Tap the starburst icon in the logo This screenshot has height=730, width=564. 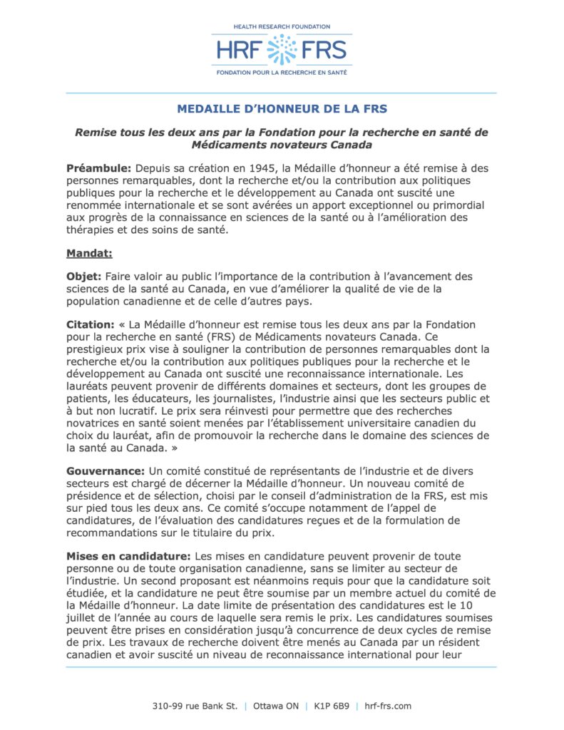pyautogui.click(x=282, y=50)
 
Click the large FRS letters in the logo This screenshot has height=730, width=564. pyautogui.click(x=325, y=51)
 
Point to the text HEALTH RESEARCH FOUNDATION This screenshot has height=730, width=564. pyautogui.click(x=282, y=26)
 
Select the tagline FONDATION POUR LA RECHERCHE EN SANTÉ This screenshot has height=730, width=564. pyautogui.click(x=282, y=73)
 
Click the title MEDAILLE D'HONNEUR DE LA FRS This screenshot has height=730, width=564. pyautogui.click(x=282, y=109)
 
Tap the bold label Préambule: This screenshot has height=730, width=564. pyautogui.click(x=98, y=168)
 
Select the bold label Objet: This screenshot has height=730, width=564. pyautogui.click(x=84, y=276)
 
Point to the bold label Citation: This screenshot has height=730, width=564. pyautogui.click(x=90, y=324)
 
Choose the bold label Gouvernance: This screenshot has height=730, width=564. pyautogui.click(x=105, y=471)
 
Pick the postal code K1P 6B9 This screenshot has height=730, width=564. pyautogui.click(x=332, y=706)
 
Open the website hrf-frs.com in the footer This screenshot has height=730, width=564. pyautogui.click(x=388, y=706)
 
